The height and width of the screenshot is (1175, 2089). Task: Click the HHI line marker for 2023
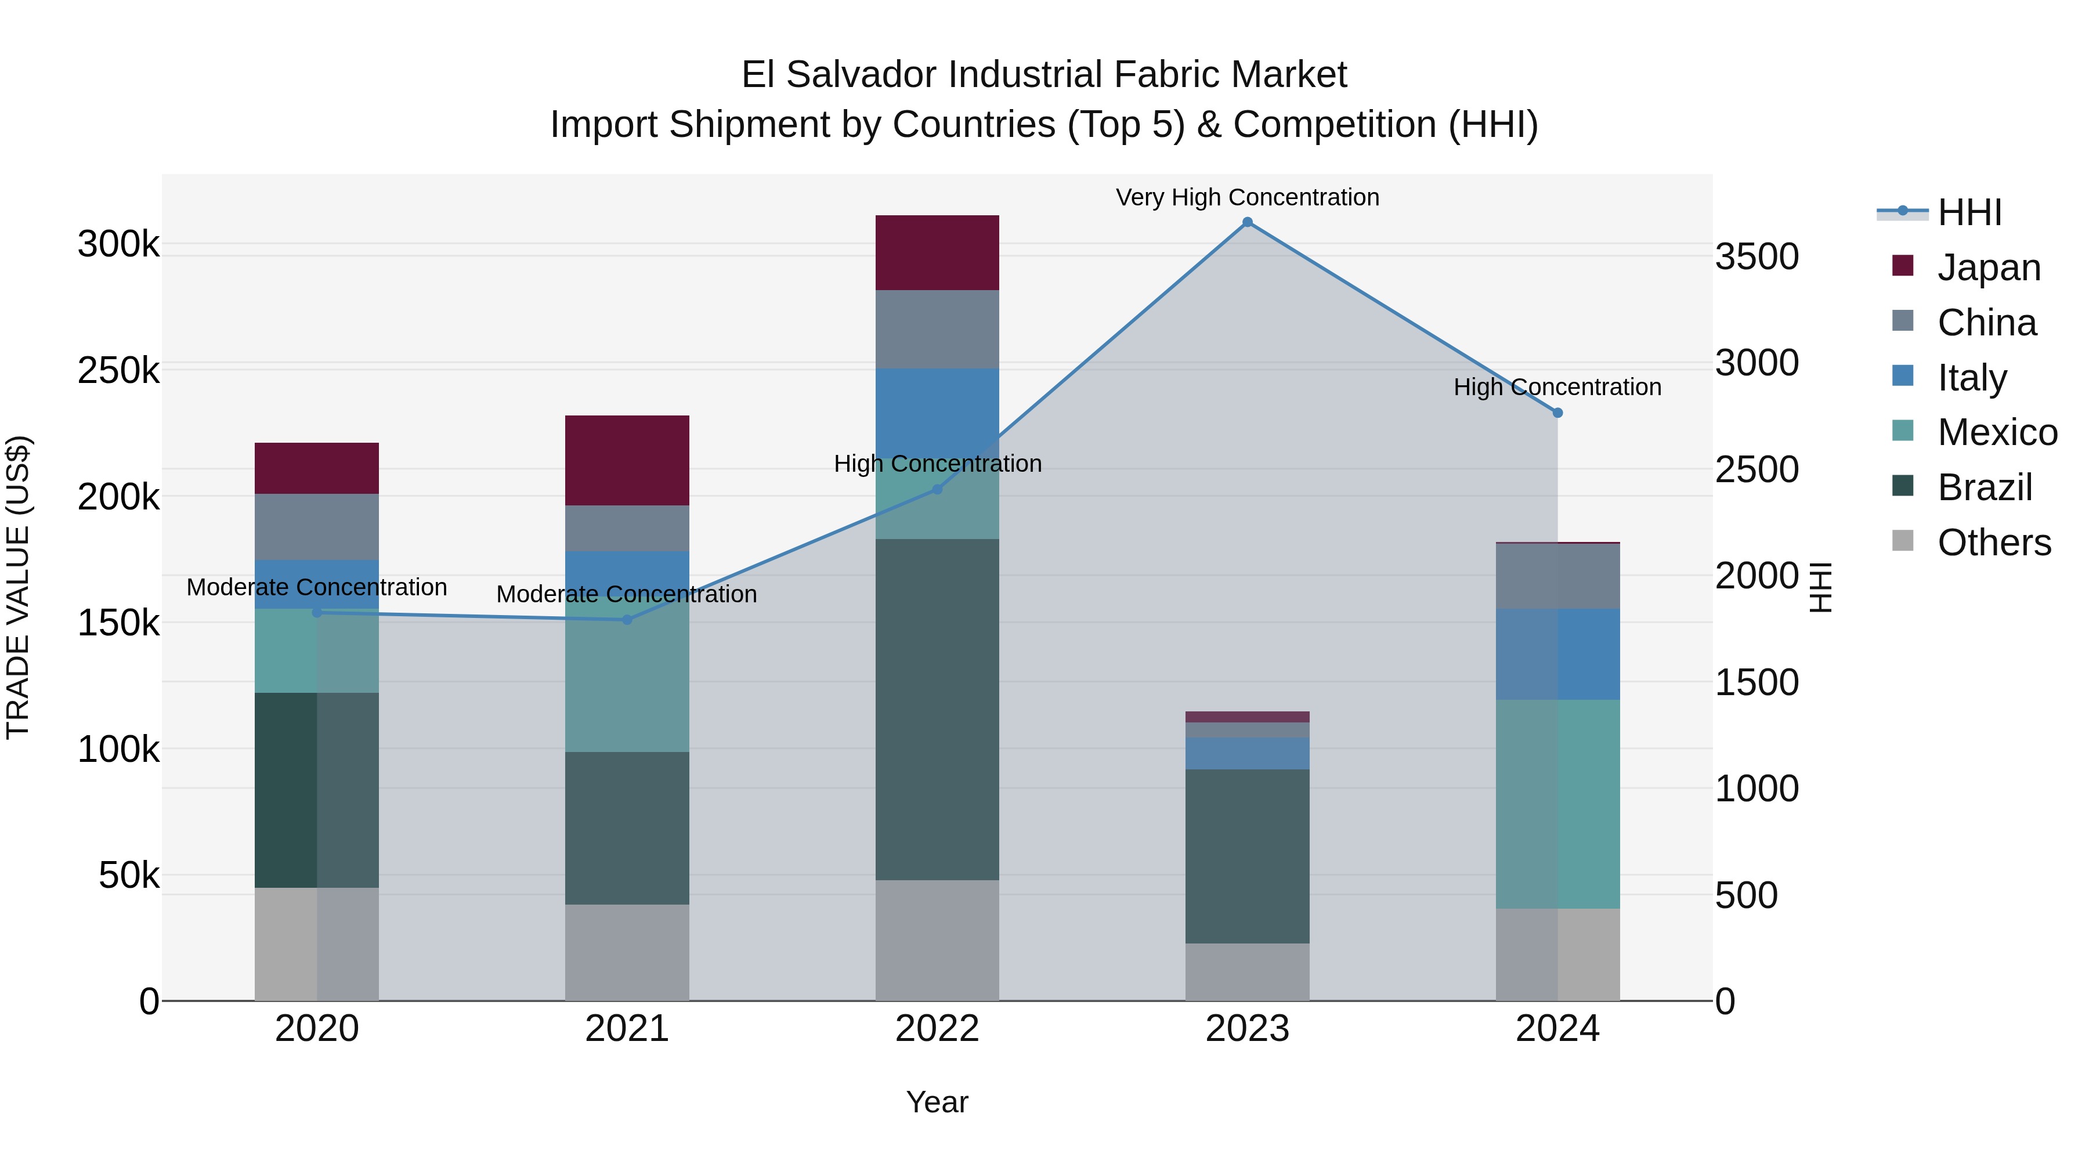[x=1247, y=222]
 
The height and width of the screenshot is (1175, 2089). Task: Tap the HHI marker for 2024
[x=1557, y=413]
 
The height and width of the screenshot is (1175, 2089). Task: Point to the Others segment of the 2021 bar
[x=627, y=952]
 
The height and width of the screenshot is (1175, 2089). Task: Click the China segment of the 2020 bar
[x=316, y=526]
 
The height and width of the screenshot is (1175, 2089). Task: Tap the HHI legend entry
[x=1969, y=212]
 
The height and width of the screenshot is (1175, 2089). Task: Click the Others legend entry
[x=1993, y=543]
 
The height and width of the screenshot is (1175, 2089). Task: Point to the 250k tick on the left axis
[x=118, y=371]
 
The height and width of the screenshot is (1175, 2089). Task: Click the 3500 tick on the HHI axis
[x=1757, y=256]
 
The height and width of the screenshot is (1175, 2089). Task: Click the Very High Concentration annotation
[x=1247, y=197]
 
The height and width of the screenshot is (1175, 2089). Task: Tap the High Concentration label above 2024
[x=1557, y=387]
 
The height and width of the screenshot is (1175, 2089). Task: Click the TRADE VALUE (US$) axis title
[x=18, y=587]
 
